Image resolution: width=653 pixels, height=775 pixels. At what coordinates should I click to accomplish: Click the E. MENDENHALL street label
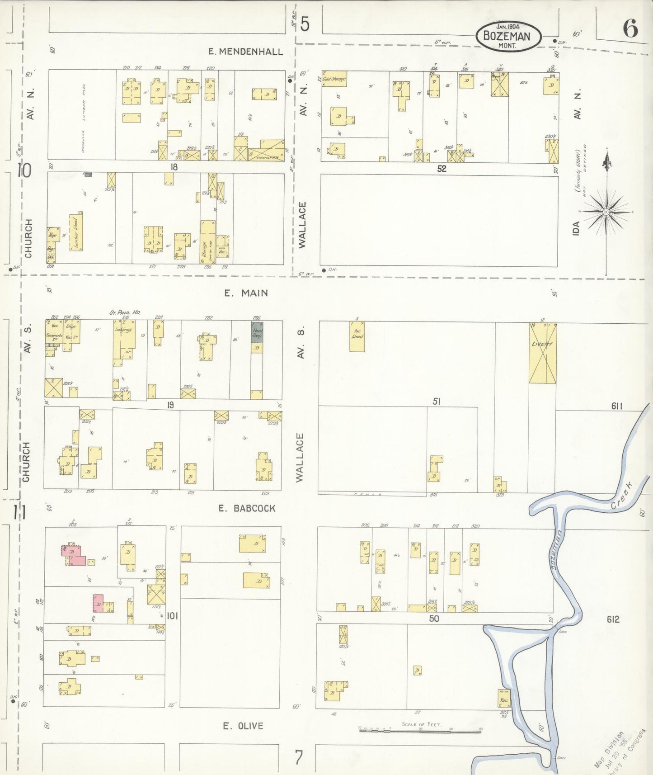[x=245, y=52]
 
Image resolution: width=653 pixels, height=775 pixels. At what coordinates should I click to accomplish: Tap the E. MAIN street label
[x=246, y=293]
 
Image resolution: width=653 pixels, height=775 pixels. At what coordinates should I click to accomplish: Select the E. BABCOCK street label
[x=247, y=508]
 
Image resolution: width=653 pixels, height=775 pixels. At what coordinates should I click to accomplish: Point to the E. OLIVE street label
[x=243, y=726]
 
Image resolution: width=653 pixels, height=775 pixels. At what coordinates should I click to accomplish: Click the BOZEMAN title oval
[x=508, y=36]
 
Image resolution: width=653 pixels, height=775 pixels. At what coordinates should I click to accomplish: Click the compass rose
[x=606, y=212]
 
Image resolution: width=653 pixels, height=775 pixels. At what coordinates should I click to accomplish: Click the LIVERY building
[x=543, y=353]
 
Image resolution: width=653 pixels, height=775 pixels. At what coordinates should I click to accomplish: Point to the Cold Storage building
[x=334, y=79]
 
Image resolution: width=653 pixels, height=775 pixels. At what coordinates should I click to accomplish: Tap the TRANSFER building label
[x=267, y=157]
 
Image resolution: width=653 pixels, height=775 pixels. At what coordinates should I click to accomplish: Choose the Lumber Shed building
[x=75, y=232]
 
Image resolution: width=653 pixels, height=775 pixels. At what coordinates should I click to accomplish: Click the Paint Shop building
[x=257, y=333]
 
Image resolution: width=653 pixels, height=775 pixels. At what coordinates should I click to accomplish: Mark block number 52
[x=442, y=169]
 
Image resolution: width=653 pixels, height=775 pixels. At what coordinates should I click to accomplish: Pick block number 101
[x=173, y=616]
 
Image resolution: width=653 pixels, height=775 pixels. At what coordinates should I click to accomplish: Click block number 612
[x=613, y=619]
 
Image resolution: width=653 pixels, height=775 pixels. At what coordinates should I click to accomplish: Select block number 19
[x=170, y=405]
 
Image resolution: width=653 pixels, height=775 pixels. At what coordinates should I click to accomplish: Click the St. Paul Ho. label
[x=119, y=312]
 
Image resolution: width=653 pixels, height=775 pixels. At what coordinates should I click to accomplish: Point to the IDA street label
[x=576, y=228]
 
